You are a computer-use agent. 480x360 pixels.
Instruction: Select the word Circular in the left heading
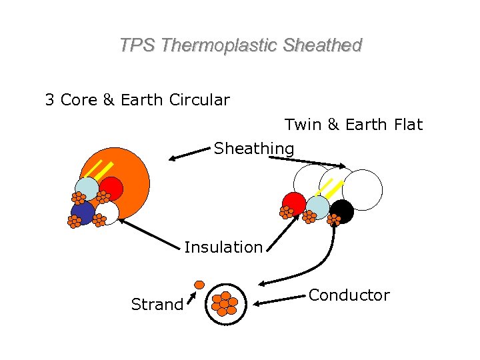click(x=199, y=100)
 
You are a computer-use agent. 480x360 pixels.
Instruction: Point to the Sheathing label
click(x=253, y=148)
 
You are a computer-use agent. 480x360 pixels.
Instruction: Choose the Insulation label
click(x=223, y=247)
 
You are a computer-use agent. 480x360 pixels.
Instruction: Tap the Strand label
click(x=157, y=305)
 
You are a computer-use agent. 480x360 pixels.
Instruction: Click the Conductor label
click(x=349, y=295)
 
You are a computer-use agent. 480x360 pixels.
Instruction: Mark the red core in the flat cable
click(x=294, y=203)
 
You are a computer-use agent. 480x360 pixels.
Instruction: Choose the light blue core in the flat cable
click(x=318, y=207)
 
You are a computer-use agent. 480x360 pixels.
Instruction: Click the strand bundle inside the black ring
click(x=225, y=304)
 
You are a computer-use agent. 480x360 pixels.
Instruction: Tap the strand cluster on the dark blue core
click(x=74, y=222)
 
